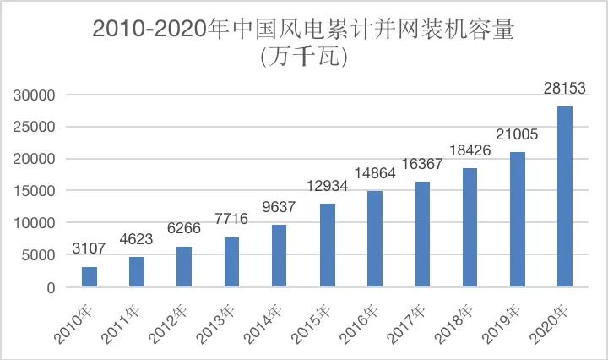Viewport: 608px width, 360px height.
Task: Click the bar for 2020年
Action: click(x=564, y=197)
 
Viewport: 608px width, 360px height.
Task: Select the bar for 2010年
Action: click(x=89, y=277)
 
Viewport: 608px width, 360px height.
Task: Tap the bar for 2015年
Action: click(x=327, y=245)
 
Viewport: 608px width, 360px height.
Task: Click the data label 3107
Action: click(x=89, y=249)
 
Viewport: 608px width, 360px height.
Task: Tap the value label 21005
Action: click(x=516, y=134)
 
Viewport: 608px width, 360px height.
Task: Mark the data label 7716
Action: click(x=231, y=220)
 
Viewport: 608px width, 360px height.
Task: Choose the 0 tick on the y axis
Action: click(x=51, y=287)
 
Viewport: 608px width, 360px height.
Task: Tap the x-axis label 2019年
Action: click(x=504, y=325)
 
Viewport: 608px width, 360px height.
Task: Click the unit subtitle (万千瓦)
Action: click(x=304, y=57)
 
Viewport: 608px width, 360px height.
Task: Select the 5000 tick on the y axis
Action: click(x=39, y=255)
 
